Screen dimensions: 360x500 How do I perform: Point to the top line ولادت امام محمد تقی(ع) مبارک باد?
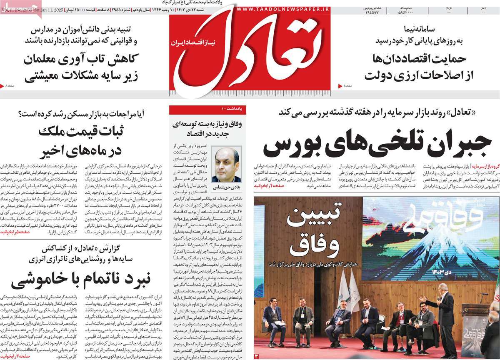tap(239, 2)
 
